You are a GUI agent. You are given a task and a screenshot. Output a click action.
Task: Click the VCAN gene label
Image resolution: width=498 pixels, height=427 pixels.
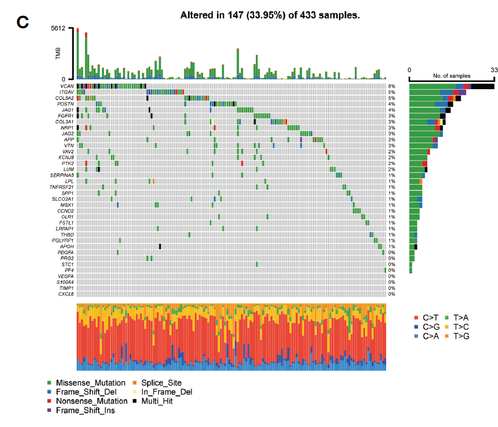point(68,86)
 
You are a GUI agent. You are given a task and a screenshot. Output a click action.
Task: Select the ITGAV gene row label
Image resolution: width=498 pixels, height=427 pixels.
point(67,92)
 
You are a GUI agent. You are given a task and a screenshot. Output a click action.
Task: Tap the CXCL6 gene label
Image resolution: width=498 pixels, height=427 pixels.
point(66,294)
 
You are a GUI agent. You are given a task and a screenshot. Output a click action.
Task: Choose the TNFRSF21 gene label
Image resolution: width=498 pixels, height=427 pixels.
point(63,187)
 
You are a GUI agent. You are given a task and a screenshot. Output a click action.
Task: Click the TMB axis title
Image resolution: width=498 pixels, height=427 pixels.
point(58,54)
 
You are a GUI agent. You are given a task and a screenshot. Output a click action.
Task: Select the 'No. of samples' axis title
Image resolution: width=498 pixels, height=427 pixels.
point(451,76)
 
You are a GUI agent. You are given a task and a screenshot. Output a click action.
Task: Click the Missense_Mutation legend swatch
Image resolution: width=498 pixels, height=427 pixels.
point(50,383)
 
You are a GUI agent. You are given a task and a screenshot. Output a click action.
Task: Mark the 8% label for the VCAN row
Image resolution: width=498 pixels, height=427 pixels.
point(392,86)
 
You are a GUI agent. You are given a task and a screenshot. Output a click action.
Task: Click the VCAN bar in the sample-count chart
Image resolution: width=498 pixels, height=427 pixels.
point(451,86)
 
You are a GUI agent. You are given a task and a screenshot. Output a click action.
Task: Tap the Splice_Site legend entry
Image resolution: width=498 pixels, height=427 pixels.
point(157,383)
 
